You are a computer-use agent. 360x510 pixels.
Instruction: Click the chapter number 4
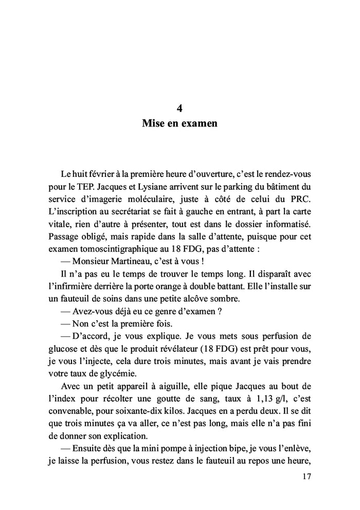179,108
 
